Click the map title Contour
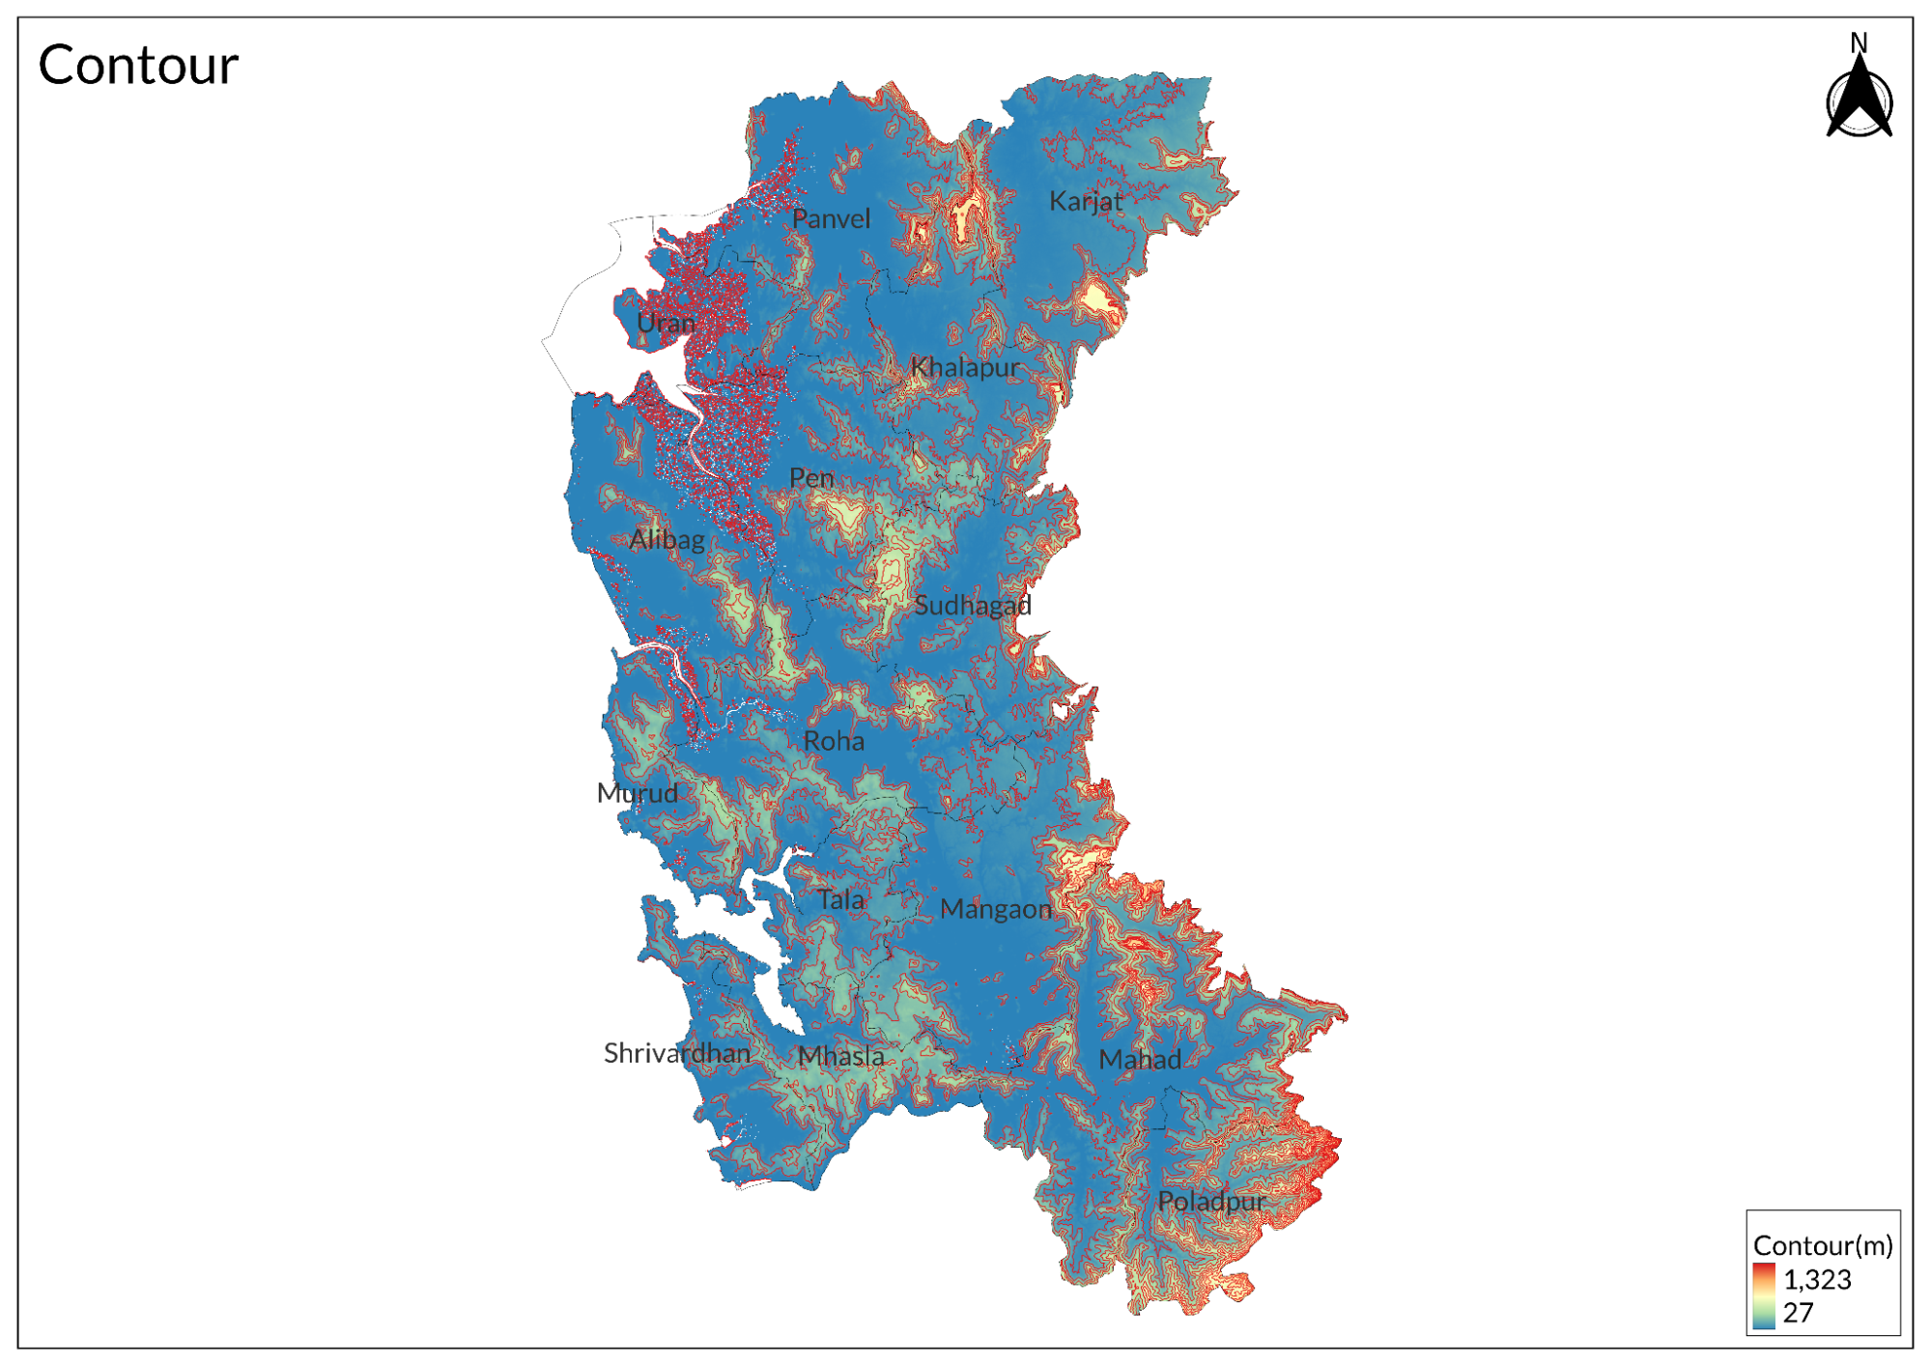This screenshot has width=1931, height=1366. tap(137, 66)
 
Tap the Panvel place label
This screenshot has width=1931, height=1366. tap(831, 219)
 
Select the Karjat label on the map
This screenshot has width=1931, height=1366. tap(1086, 202)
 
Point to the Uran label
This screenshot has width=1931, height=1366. tap(666, 323)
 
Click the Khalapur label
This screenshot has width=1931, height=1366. tap(965, 368)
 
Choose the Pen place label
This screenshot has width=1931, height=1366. tap(811, 478)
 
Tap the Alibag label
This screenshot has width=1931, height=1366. tap(667, 540)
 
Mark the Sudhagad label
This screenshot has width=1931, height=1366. tap(972, 606)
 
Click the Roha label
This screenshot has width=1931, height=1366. tap(834, 742)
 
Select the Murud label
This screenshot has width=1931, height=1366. tap(637, 794)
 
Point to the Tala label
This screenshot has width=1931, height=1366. tap(840, 900)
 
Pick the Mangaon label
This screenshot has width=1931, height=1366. tap(995, 910)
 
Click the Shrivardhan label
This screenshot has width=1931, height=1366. tap(676, 1054)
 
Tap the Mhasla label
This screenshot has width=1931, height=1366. tap(840, 1057)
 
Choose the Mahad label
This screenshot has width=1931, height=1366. tap(1140, 1061)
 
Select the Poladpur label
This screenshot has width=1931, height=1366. tap(1211, 1203)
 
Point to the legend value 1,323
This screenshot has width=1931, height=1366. tap(1816, 1280)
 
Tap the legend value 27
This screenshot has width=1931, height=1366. tap(1798, 1313)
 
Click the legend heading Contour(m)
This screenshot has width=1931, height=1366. tap(1822, 1246)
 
